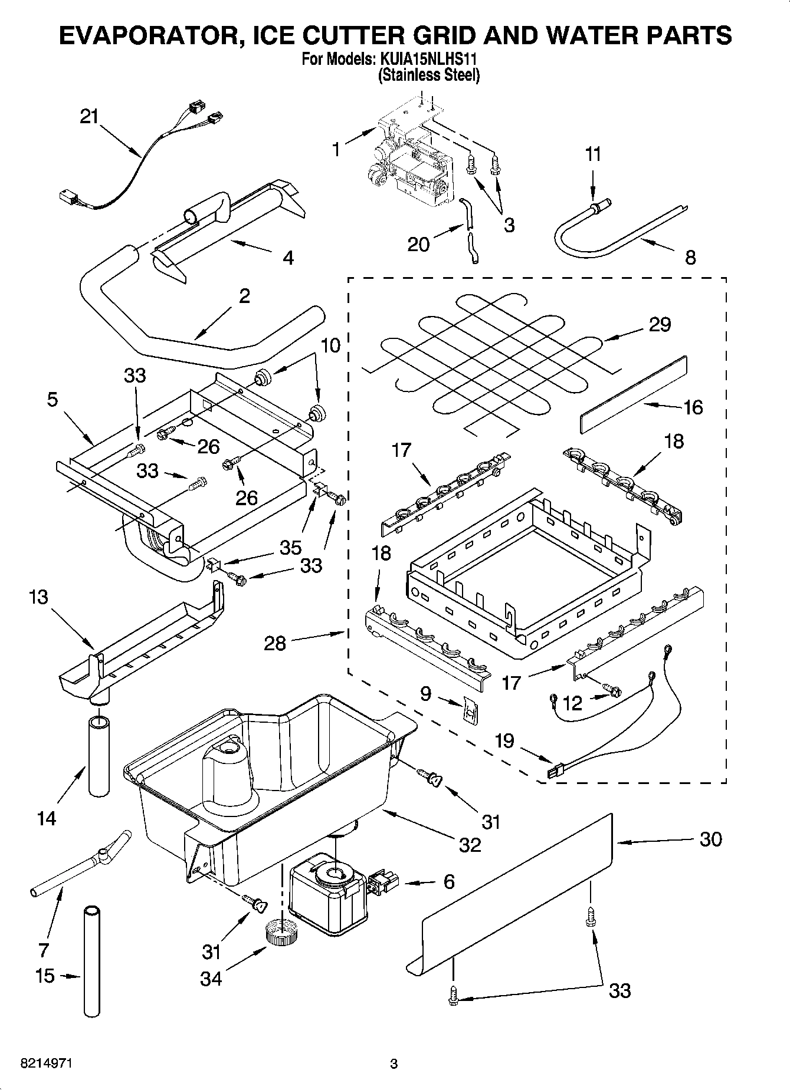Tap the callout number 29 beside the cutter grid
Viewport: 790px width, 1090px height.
click(660, 324)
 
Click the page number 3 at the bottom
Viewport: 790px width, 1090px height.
click(394, 1063)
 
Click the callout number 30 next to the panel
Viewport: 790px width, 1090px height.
click(710, 838)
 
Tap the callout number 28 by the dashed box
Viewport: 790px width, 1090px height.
click(275, 643)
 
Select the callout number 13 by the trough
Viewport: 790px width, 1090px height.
click(38, 597)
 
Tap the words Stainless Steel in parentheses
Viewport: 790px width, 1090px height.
click(429, 75)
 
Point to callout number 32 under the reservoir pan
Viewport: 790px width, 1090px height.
click(470, 844)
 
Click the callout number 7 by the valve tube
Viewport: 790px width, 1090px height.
click(43, 949)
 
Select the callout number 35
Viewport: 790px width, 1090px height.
click(290, 546)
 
